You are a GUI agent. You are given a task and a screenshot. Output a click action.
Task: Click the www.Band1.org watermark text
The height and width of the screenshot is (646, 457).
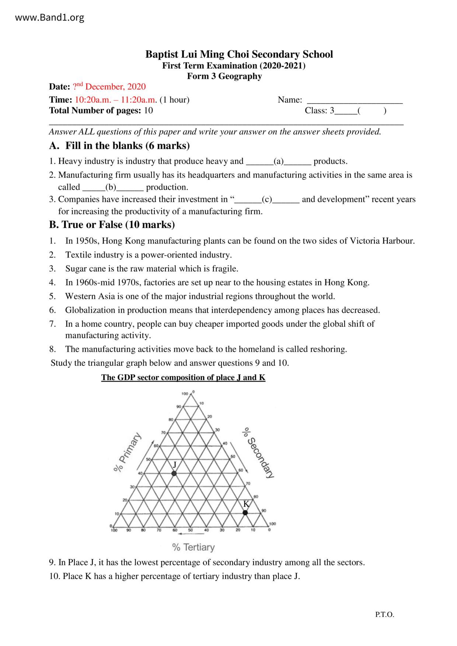pyautogui.click(x=50, y=17)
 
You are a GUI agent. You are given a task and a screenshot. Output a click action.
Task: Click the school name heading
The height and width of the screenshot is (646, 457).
pyautogui.click(x=239, y=55)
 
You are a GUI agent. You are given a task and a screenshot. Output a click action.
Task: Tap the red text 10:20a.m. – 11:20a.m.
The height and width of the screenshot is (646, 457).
pyautogui.click(x=116, y=100)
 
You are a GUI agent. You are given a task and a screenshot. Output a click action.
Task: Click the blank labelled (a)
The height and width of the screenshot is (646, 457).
pyautogui.click(x=279, y=162)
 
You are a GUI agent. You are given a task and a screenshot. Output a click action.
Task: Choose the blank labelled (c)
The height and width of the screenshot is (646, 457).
pyautogui.click(x=267, y=200)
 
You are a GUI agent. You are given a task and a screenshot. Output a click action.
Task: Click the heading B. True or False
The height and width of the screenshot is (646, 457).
pyautogui.click(x=112, y=225)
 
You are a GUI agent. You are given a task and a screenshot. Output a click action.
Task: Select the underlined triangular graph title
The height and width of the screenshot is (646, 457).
pyautogui.click(x=183, y=378)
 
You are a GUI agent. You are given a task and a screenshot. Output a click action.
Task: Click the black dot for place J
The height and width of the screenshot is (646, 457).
pyautogui.click(x=174, y=473)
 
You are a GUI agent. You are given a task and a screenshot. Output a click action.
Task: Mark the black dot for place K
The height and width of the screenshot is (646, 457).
pyautogui.click(x=245, y=512)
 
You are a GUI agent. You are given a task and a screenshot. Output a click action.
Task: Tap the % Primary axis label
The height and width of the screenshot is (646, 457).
pyautogui.click(x=127, y=453)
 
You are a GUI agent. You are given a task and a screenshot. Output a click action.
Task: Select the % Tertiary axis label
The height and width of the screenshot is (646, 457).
pyautogui.click(x=193, y=547)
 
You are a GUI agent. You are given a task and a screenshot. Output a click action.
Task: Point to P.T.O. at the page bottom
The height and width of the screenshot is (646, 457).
pyautogui.click(x=385, y=615)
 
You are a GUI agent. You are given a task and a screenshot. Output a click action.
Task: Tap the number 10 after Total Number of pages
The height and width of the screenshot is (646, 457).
pyautogui.click(x=148, y=110)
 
